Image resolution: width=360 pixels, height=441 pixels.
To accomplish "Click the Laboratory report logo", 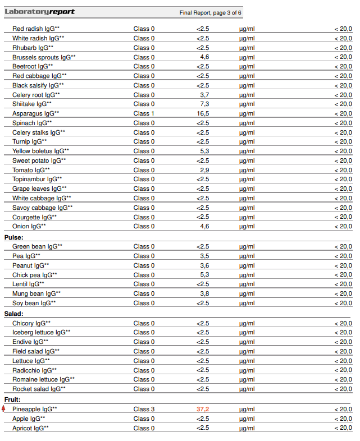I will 39,12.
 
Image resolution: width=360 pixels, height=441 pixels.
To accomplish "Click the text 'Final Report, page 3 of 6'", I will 210,12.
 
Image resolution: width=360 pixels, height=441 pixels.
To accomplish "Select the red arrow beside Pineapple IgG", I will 4,408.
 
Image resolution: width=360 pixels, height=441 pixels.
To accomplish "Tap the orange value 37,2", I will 203,409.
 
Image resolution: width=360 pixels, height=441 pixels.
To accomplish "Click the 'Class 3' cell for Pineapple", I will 144,409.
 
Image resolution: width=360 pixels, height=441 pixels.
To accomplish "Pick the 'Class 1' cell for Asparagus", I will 144,113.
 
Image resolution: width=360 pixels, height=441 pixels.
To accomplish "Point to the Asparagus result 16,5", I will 203,113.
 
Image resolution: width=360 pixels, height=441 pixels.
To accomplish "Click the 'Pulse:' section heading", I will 13,237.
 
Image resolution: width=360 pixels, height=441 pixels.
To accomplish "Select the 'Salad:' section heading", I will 13,314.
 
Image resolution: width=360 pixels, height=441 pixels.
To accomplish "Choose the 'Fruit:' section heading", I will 12,399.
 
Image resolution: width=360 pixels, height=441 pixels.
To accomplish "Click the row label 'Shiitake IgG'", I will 31,104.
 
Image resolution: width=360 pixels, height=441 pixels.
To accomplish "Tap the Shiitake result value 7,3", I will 204,104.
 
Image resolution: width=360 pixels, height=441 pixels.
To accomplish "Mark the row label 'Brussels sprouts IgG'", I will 44,57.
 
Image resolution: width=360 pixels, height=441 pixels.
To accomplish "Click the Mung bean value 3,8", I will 204,293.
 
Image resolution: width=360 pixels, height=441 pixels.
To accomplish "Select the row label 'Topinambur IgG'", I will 37,179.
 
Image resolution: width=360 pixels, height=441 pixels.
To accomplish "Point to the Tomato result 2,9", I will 204,170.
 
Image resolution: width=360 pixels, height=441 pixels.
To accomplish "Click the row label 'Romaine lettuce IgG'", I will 43,379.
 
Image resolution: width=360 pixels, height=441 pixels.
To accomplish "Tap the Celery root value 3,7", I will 204,95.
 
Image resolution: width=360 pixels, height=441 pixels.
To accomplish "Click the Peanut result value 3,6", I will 204,265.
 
